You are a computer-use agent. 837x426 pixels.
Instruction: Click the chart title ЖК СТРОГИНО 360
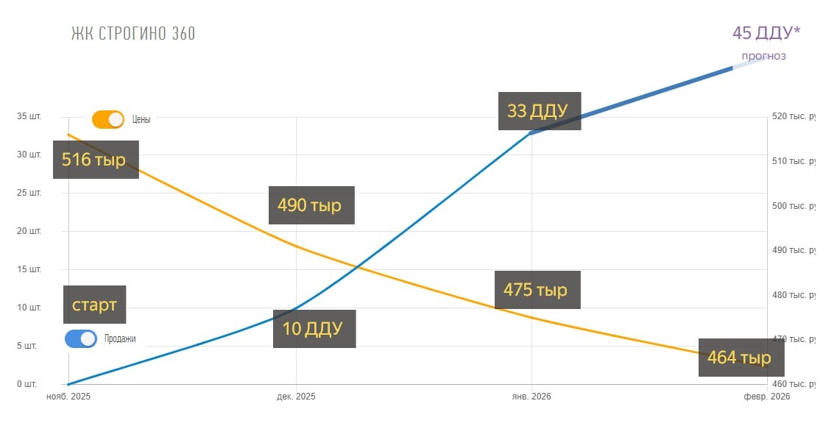[x=133, y=34]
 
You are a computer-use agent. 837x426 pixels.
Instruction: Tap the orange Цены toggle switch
[x=108, y=119]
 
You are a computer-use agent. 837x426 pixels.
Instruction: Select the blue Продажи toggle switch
[x=81, y=339]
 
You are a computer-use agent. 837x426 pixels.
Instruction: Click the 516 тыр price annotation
[x=95, y=160]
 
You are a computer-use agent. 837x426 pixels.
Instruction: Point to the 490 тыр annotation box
[x=311, y=205]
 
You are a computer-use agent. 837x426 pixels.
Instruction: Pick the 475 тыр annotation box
[x=537, y=290]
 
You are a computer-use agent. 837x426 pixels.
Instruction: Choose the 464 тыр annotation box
[x=740, y=358]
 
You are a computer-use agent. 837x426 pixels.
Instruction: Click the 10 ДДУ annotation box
[x=314, y=329]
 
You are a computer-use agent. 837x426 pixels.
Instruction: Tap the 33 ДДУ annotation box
[x=539, y=111]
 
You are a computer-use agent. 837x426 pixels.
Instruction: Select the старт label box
[x=94, y=305]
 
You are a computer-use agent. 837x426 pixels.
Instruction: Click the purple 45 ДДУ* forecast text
[x=766, y=33]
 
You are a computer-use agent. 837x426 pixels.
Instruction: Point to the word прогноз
[x=763, y=56]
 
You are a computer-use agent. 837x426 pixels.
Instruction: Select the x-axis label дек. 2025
[x=296, y=397]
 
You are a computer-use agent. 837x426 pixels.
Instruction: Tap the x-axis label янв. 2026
[x=531, y=397]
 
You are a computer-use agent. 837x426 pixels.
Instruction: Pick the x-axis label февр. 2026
[x=766, y=397]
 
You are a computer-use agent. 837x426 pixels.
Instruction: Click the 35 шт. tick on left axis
[x=30, y=116]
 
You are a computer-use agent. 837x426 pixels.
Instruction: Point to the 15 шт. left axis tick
[x=30, y=269]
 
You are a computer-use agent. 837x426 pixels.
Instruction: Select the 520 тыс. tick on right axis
[x=792, y=116]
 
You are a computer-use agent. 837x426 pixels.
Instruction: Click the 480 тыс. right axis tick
[x=792, y=295]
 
